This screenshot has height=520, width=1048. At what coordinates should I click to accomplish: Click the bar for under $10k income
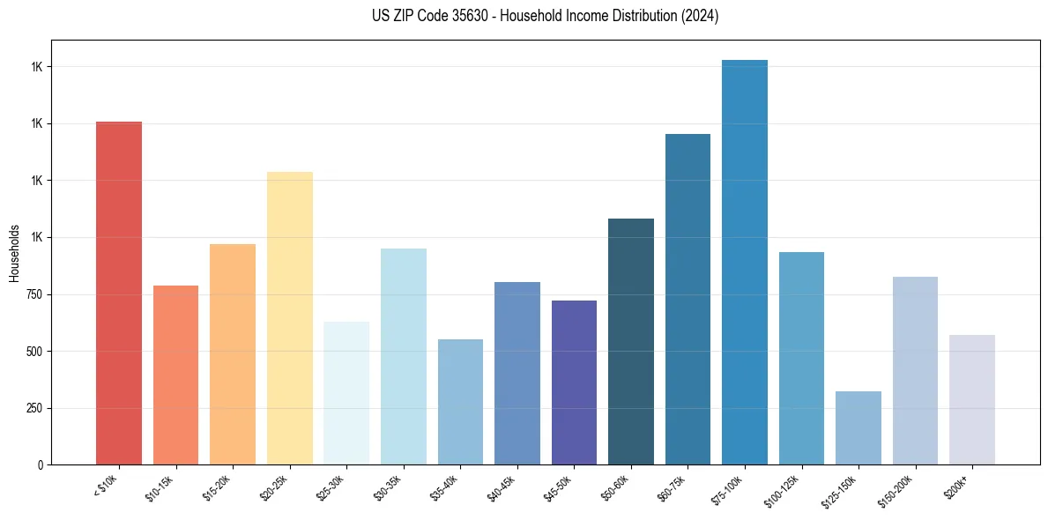(x=119, y=293)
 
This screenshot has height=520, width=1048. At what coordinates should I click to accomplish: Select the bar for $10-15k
(x=175, y=375)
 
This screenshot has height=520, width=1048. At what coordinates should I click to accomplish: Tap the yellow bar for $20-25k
(x=289, y=317)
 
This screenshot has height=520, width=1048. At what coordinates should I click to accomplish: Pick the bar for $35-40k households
(x=460, y=402)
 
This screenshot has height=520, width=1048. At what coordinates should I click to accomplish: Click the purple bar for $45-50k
(x=574, y=383)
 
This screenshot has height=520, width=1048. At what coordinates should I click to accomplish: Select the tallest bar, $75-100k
(x=745, y=262)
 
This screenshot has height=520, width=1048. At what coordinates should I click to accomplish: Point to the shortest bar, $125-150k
(x=858, y=427)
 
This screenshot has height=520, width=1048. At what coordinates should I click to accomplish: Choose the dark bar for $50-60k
(x=631, y=341)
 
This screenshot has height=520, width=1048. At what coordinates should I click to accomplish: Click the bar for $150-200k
(x=915, y=370)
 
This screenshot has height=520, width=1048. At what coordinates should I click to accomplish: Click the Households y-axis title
(x=14, y=252)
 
